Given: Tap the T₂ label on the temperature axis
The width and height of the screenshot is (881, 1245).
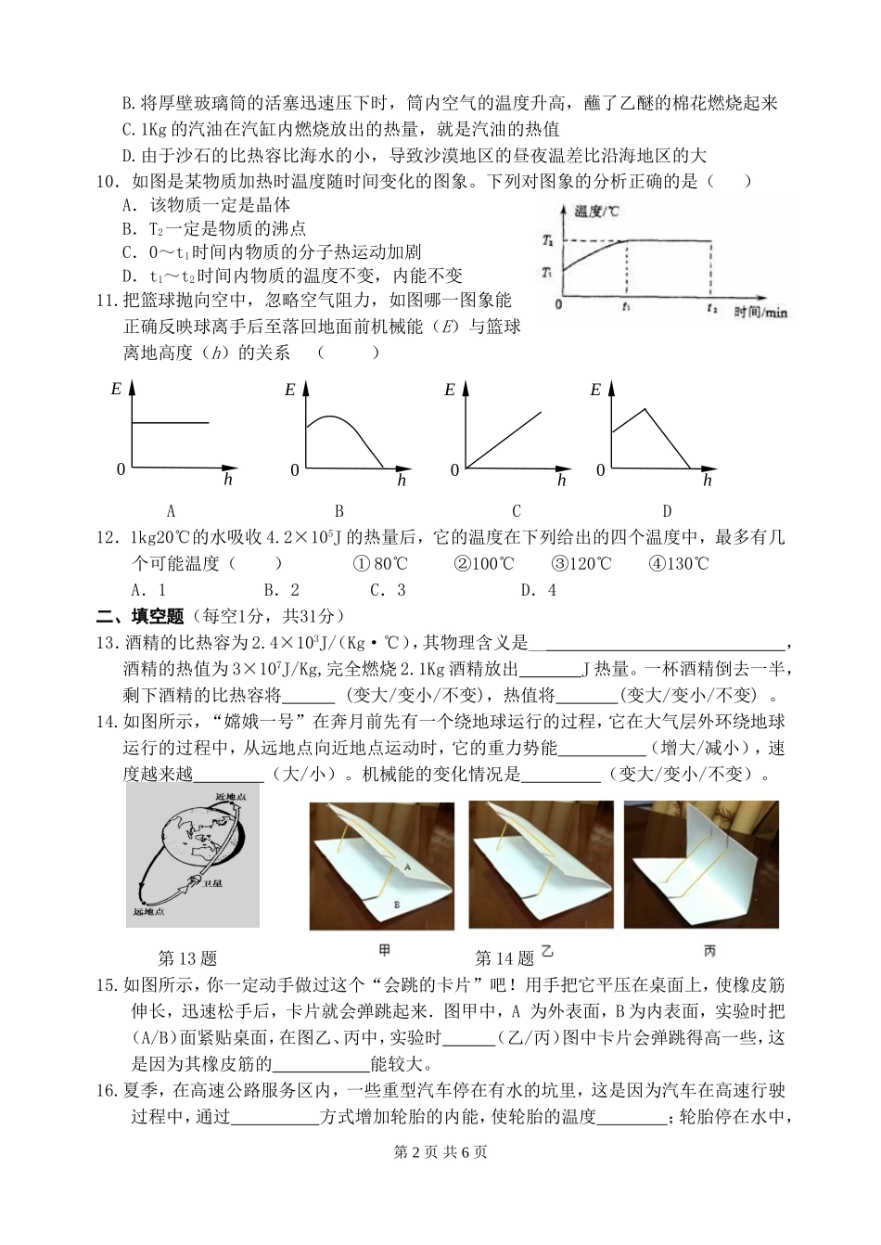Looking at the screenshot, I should pyautogui.click(x=547, y=241).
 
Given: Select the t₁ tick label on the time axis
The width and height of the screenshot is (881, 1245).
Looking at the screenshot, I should pyautogui.click(x=628, y=307).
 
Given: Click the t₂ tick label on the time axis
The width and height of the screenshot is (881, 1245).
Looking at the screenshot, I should pyautogui.click(x=711, y=307).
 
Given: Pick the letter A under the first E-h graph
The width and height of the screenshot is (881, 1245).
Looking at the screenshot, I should pyautogui.click(x=171, y=510).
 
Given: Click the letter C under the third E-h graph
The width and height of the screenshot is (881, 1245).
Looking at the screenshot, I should pyautogui.click(x=517, y=510).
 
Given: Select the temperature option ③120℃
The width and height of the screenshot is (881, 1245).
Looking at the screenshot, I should pyautogui.click(x=581, y=564).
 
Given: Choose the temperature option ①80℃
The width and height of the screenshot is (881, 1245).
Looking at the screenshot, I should pyautogui.click(x=380, y=564).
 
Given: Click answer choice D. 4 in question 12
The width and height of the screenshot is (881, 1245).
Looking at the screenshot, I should pyautogui.click(x=538, y=589).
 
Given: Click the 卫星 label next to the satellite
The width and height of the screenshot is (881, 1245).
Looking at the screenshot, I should pyautogui.click(x=212, y=884).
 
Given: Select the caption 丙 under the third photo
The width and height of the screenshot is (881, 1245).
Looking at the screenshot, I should pyautogui.click(x=709, y=951).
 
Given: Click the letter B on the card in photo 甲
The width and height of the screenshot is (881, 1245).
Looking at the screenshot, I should pyautogui.click(x=396, y=904).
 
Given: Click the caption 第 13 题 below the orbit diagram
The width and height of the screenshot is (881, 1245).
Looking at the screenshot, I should pyautogui.click(x=188, y=957).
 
